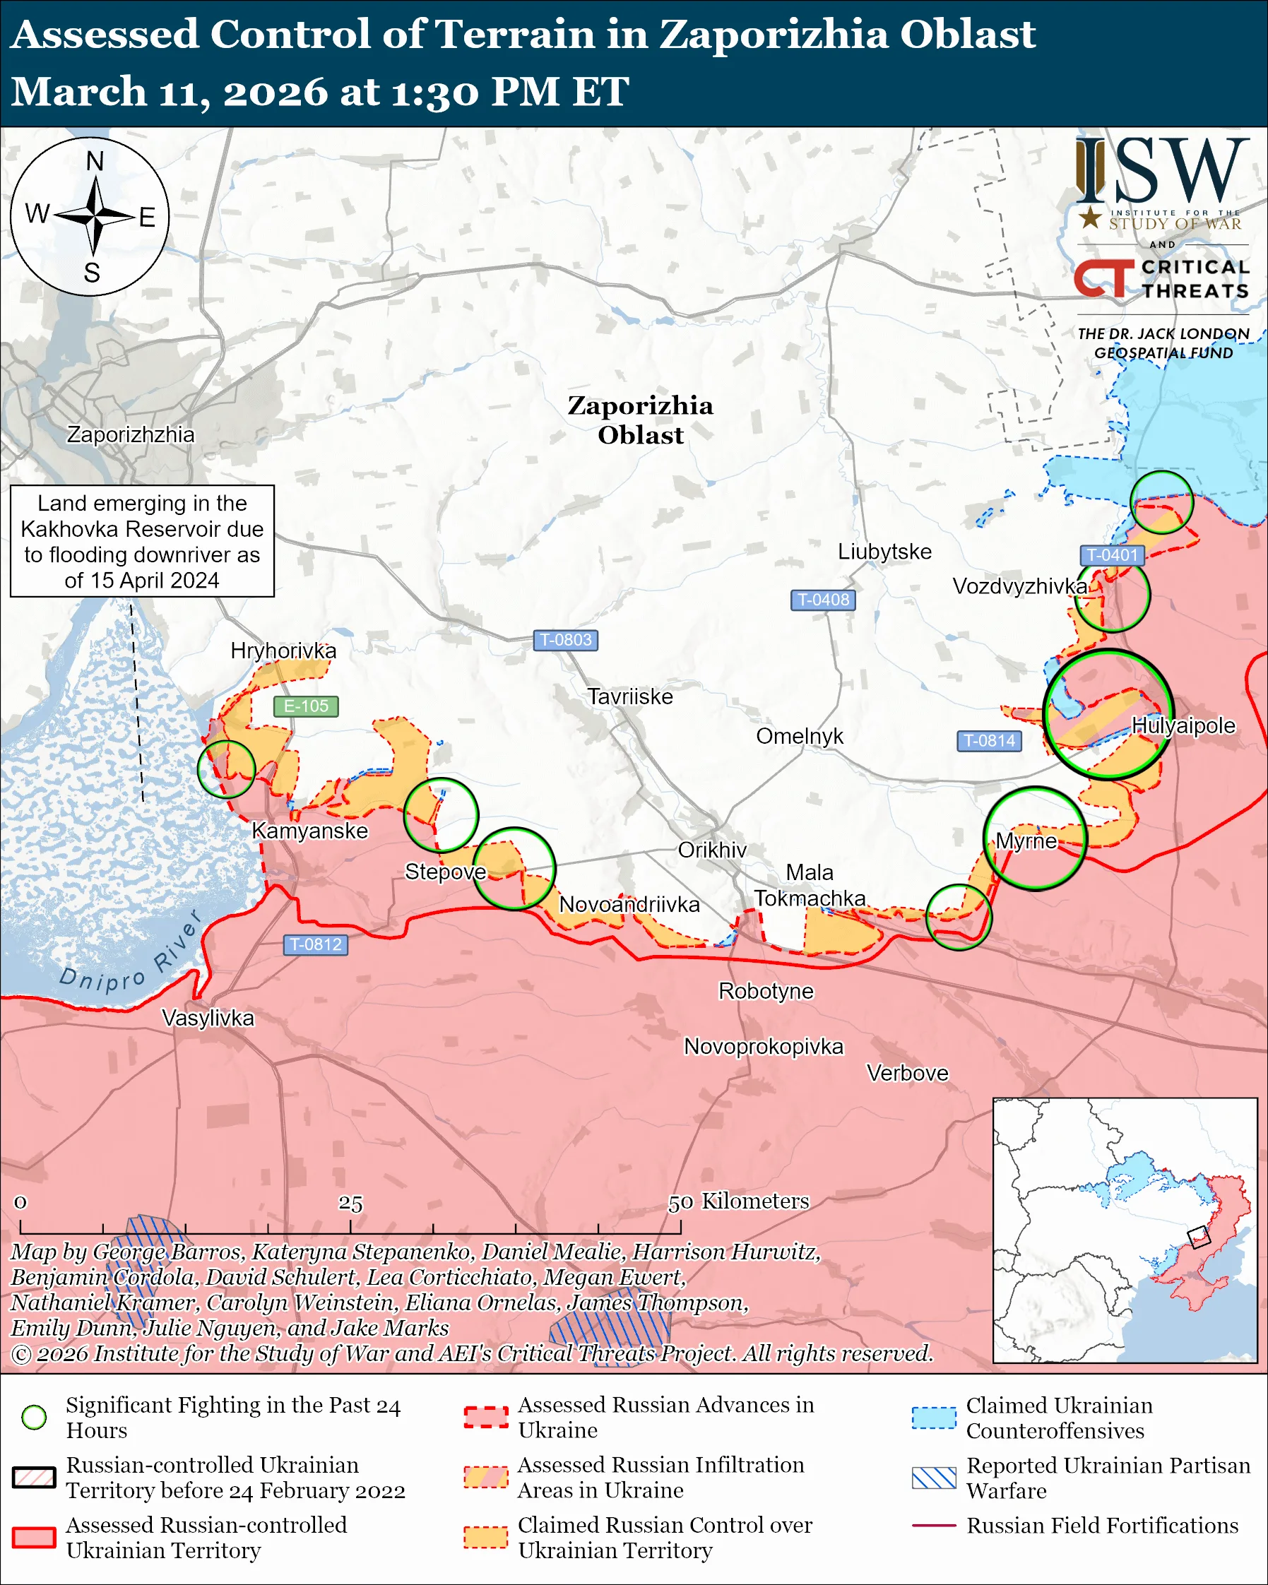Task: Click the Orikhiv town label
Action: pos(711,850)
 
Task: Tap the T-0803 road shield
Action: pos(565,640)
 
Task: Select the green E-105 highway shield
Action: pos(306,706)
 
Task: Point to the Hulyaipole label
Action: pos(1183,725)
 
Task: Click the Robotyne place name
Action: pos(766,991)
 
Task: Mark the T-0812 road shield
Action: pos(315,944)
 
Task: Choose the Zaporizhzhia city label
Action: pos(131,434)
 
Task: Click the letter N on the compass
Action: pos(95,161)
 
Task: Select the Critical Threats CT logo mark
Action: pos(1103,277)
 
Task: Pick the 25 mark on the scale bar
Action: pos(350,1204)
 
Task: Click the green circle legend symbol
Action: pos(35,1417)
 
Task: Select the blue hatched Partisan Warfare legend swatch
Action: pos(934,1478)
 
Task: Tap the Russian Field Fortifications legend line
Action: pos(934,1526)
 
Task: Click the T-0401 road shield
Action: pos(1112,555)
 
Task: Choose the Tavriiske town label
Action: pos(630,696)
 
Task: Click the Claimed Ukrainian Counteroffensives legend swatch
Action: pos(934,1418)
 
